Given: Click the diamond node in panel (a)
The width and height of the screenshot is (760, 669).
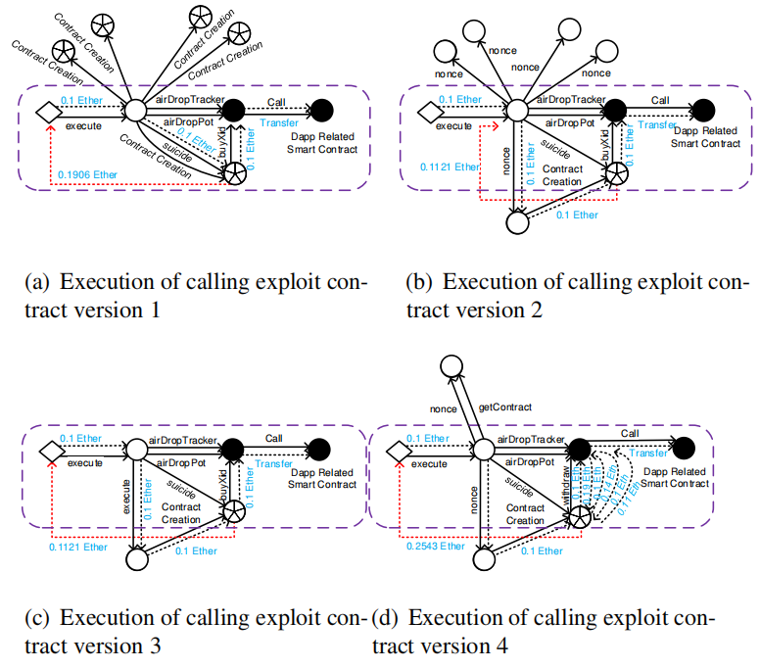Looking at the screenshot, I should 43,112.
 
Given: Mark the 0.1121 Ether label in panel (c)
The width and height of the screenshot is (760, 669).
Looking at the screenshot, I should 81,546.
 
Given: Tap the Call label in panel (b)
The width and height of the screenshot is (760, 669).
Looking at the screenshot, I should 660,99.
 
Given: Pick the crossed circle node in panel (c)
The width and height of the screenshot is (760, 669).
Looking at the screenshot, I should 233,511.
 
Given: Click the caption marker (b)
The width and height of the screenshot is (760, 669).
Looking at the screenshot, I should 419,282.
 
